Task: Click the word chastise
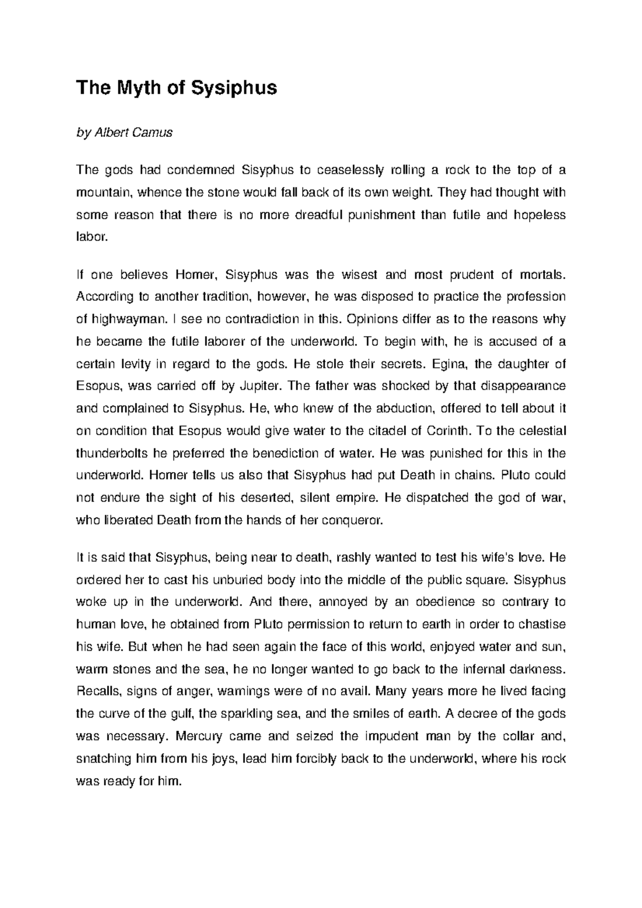point(544,625)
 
